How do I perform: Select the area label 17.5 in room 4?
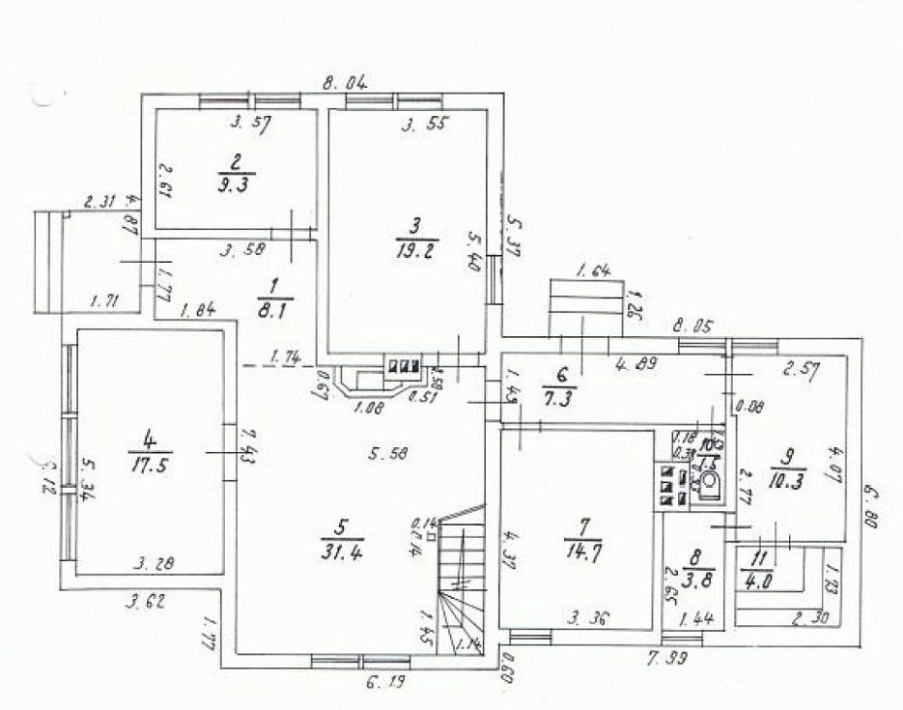[x=150, y=463]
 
